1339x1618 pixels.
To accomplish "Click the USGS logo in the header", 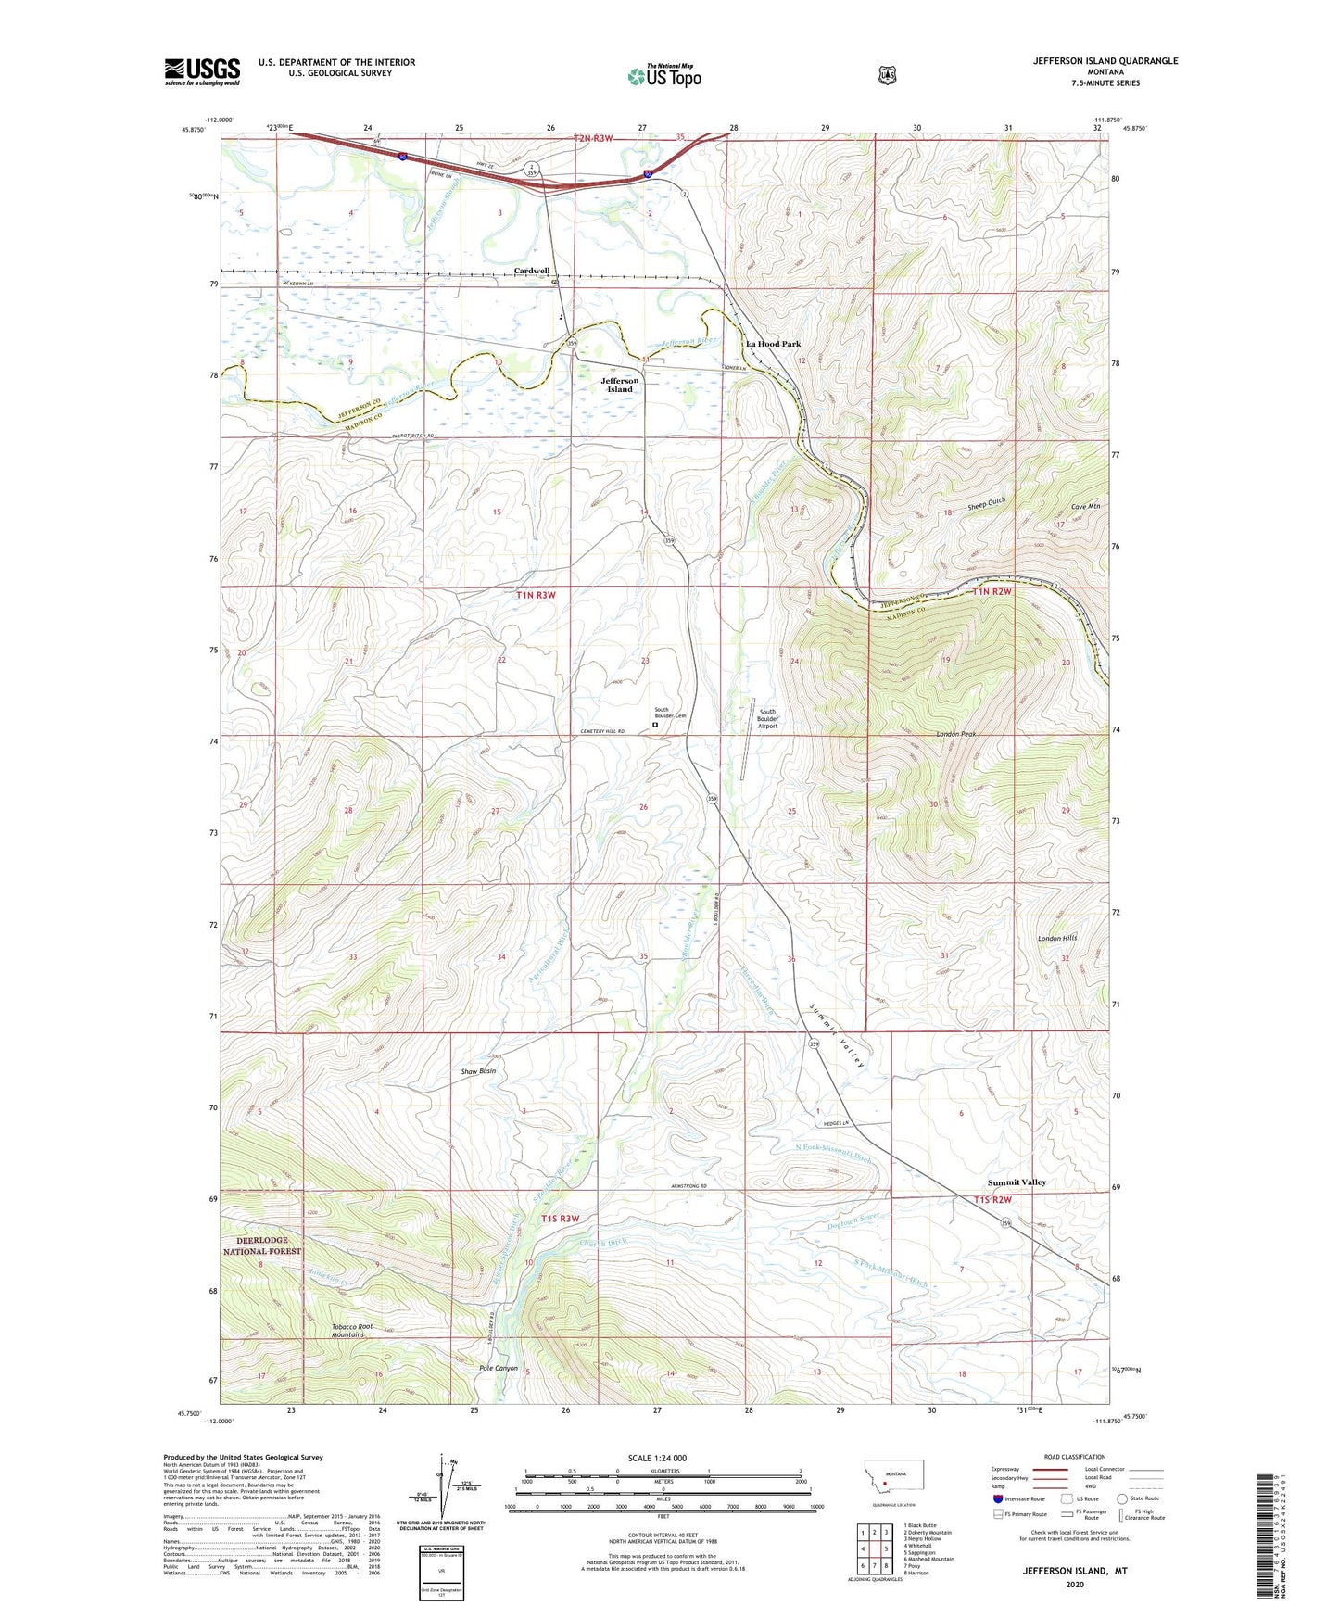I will click(x=202, y=71).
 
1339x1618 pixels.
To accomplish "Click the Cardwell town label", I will click(x=532, y=271).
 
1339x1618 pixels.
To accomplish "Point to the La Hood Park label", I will click(x=773, y=344).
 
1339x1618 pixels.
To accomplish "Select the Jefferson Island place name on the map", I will click(x=619, y=385).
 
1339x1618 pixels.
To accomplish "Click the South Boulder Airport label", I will click(x=767, y=719).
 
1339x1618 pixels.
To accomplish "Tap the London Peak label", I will click(x=955, y=734).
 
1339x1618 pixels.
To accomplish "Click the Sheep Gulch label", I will click(x=986, y=506).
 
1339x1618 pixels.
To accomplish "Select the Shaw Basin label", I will click(x=478, y=1071).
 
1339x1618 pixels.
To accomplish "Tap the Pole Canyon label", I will click(x=499, y=1368).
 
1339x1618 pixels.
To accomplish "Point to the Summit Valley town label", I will click(x=1017, y=1182).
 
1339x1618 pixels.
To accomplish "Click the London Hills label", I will click(x=1057, y=939).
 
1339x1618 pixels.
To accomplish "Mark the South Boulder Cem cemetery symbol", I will click(x=655, y=727).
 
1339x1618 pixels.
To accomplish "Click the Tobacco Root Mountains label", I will click(x=352, y=1331).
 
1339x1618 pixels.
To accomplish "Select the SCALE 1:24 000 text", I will click(x=657, y=1458).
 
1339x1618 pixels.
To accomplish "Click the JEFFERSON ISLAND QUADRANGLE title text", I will click(x=1105, y=61).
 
